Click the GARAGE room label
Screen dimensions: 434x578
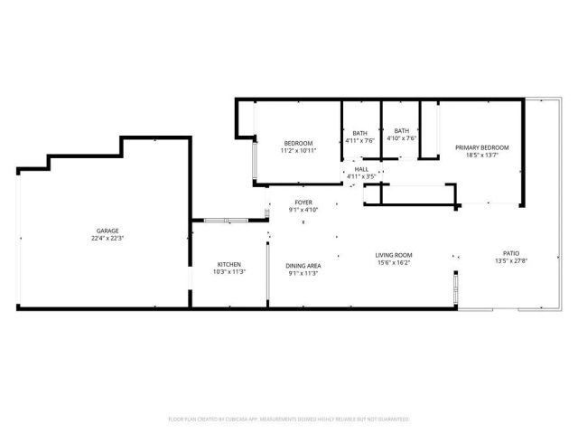(x=107, y=231)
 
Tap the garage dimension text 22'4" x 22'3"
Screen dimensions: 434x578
(x=107, y=238)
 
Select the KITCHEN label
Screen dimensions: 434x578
(x=228, y=264)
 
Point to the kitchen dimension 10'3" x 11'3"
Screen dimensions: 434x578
(x=228, y=271)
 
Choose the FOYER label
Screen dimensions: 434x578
(x=303, y=202)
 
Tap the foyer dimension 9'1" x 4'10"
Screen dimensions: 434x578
(x=303, y=209)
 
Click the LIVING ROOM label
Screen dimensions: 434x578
(x=394, y=255)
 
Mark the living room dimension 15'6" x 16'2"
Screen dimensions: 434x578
(x=394, y=262)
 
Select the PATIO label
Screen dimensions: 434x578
(x=510, y=253)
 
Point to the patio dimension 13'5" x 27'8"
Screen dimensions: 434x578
(x=510, y=260)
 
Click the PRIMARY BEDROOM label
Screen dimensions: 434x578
(x=481, y=147)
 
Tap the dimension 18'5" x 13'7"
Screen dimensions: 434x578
(x=481, y=155)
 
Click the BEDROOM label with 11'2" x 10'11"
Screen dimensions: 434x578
(x=298, y=144)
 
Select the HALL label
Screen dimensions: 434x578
(x=361, y=169)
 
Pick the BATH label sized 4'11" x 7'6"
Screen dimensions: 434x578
(x=360, y=132)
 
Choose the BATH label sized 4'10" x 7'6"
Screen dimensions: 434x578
(x=401, y=131)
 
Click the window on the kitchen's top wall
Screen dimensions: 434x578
(x=219, y=220)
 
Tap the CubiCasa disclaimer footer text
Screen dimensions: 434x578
(x=289, y=419)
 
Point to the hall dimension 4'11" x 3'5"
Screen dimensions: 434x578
(x=361, y=176)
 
